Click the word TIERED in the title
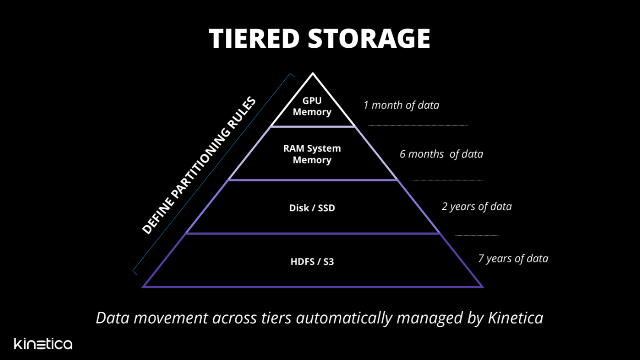(x=254, y=39)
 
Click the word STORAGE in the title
(x=369, y=39)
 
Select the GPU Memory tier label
(x=312, y=106)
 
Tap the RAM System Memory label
(x=312, y=154)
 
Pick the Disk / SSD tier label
(x=312, y=208)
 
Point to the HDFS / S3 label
(x=312, y=261)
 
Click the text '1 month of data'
(x=401, y=105)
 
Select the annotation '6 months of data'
(x=441, y=154)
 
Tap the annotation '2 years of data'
(x=476, y=207)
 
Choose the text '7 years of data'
(x=513, y=258)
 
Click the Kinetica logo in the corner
(x=43, y=344)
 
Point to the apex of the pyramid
(x=313, y=73)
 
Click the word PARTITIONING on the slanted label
(x=198, y=165)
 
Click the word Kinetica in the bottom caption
(x=516, y=318)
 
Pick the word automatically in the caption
(x=345, y=318)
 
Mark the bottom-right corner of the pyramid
(x=483, y=287)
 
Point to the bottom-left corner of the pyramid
(x=142, y=287)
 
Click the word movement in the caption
(x=170, y=318)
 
